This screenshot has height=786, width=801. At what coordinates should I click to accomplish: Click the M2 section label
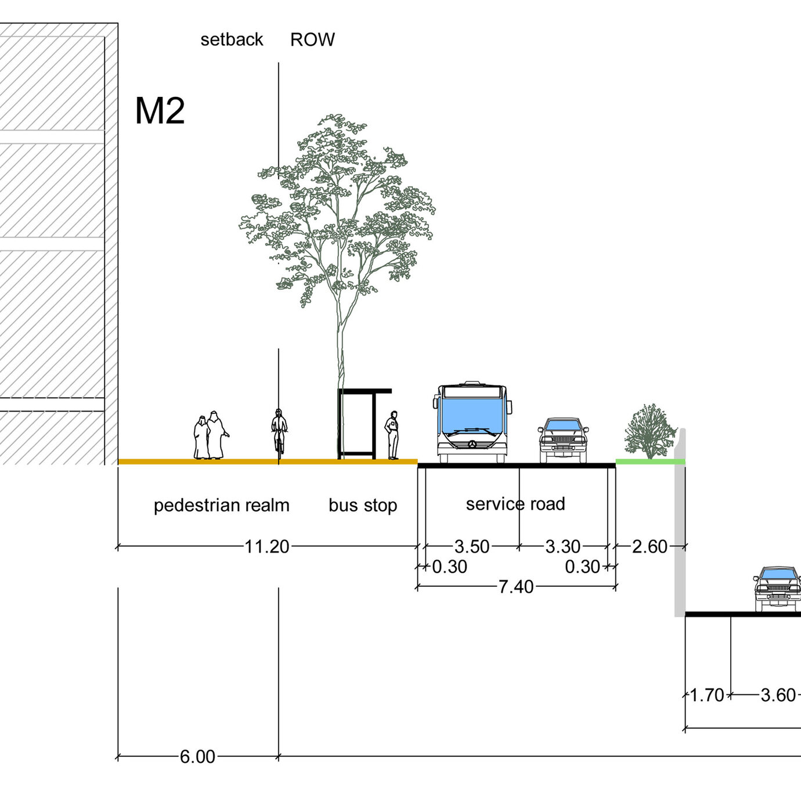click(x=160, y=111)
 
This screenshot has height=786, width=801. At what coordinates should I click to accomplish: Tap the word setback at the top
click(x=232, y=39)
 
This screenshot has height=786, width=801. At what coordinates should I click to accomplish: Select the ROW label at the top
click(x=312, y=39)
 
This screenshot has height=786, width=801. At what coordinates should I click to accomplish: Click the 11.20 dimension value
click(x=266, y=547)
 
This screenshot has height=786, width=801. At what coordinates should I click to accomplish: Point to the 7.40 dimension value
click(x=515, y=587)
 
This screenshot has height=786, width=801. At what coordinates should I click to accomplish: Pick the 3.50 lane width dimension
click(x=472, y=547)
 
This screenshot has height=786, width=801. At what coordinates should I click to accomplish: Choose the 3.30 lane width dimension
click(x=562, y=547)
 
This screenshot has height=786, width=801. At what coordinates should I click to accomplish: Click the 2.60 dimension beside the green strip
click(x=650, y=547)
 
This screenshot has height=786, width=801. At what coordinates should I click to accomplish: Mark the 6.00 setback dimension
click(x=197, y=757)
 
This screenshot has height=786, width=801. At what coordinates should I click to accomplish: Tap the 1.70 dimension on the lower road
click(x=706, y=695)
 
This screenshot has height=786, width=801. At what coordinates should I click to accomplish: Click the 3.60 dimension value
click(x=778, y=695)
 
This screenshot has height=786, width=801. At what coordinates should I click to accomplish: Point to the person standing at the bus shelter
click(x=393, y=435)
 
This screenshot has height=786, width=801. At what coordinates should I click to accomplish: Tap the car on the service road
click(x=562, y=439)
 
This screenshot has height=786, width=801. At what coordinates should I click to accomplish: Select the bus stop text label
click(x=363, y=506)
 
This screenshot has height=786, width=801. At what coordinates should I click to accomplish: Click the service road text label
click(x=515, y=504)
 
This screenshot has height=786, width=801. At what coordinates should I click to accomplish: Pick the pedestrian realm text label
click(x=221, y=506)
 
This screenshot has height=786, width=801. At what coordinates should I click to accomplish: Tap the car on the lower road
click(x=777, y=589)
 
